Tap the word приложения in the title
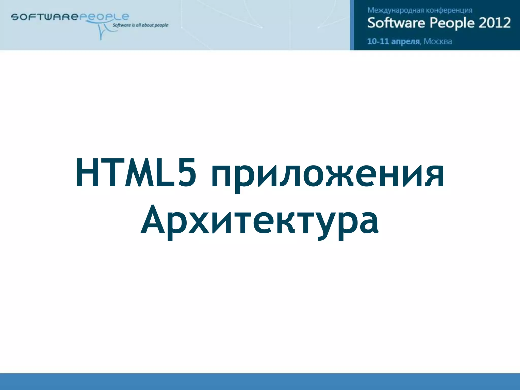[328, 175]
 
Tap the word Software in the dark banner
[396, 23]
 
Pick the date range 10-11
[378, 41]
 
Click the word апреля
[405, 41]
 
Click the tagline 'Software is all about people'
[140, 25]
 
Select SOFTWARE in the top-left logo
[44, 17]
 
